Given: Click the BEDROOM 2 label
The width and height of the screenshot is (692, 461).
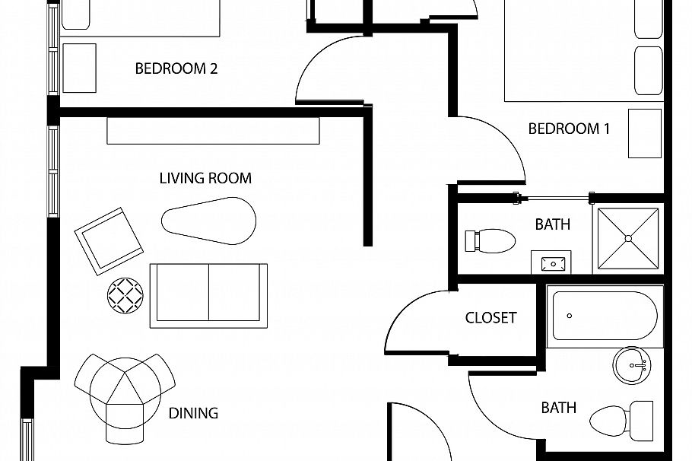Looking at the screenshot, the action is click(x=176, y=68).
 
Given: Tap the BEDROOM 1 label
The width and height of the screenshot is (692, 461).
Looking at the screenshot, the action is click(x=569, y=129).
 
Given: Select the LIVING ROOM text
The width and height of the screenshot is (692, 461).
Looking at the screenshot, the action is click(x=205, y=178).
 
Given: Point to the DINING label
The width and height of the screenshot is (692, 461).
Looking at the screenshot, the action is click(x=193, y=413).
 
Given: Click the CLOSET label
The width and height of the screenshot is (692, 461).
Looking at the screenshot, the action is click(x=490, y=317).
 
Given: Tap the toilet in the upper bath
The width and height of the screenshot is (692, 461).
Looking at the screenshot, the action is click(x=490, y=241).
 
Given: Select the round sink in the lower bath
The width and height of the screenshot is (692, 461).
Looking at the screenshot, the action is click(x=632, y=365).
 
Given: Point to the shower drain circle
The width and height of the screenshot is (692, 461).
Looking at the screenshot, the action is click(x=628, y=238).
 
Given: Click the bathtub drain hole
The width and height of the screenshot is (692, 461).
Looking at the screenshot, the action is click(x=570, y=316).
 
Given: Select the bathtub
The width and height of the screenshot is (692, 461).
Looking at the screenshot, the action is click(x=605, y=316).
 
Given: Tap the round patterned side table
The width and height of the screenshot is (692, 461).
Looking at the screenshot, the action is click(x=125, y=296).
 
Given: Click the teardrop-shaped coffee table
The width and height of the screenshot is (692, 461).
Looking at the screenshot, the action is click(x=209, y=221).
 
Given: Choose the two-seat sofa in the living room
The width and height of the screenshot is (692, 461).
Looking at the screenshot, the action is click(x=209, y=296).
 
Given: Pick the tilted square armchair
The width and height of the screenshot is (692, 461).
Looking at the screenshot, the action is click(x=109, y=241).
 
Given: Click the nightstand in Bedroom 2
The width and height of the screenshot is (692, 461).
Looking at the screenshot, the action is click(x=79, y=68).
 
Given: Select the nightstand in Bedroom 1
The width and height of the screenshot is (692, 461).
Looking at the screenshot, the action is click(x=645, y=133).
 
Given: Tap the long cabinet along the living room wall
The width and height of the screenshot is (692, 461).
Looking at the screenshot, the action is click(x=213, y=131).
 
